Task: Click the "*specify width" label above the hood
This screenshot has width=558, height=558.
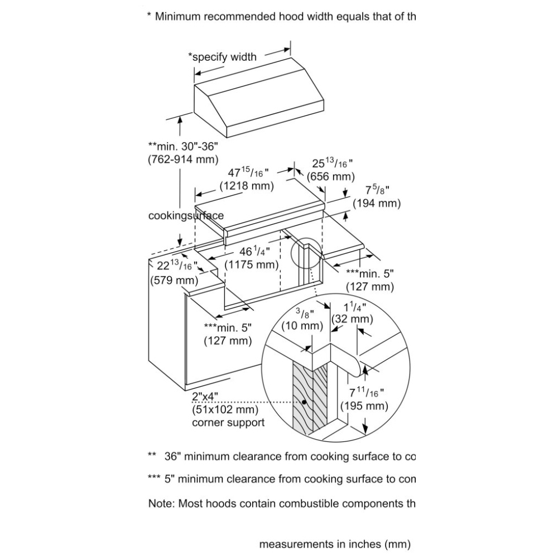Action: click(x=222, y=56)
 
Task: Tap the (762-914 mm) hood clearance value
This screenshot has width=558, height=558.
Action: click(x=182, y=158)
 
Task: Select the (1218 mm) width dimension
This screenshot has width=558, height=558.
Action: click(x=247, y=186)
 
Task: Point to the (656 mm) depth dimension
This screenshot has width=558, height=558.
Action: click(x=331, y=177)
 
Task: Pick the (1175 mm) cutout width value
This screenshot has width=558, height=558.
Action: click(x=251, y=264)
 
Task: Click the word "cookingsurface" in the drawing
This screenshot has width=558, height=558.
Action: click(x=186, y=216)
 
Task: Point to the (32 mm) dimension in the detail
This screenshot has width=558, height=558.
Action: click(x=352, y=319)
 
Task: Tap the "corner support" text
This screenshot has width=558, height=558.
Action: click(x=228, y=422)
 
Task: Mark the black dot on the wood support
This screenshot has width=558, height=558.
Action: click(x=305, y=401)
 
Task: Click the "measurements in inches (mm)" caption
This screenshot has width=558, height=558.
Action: click(x=335, y=543)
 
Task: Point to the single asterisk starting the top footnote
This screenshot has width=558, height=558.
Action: click(x=149, y=16)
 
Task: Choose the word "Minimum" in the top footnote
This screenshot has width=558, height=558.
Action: click(x=177, y=16)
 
